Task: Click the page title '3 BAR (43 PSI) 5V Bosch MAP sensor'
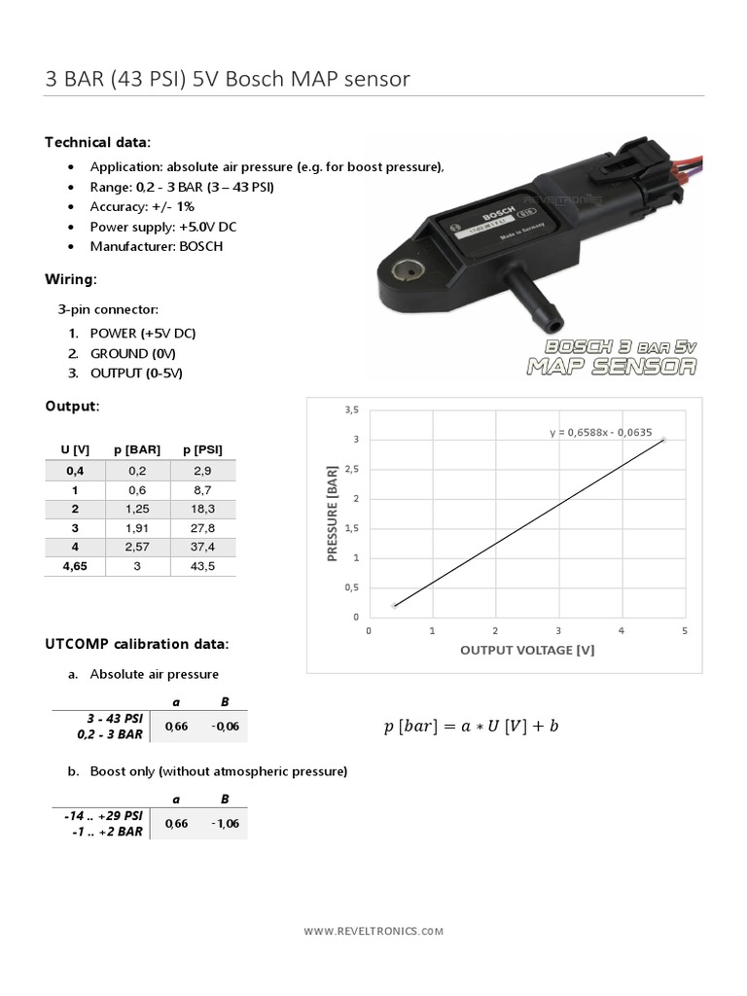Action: click(x=228, y=79)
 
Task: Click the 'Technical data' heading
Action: click(x=97, y=142)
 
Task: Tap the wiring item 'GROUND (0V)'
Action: click(x=132, y=353)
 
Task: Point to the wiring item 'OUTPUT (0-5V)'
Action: click(x=136, y=373)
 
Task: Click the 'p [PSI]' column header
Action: click(x=202, y=449)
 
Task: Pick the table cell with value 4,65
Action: click(x=74, y=565)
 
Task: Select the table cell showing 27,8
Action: click(x=202, y=526)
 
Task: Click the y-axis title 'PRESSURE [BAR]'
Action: click(x=333, y=514)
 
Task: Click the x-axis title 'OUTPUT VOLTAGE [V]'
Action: click(x=526, y=650)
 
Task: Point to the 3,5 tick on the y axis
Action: click(x=351, y=409)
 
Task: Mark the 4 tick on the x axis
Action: click(x=622, y=630)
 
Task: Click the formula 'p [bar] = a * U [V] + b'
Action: click(x=471, y=727)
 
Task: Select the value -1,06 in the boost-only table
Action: click(x=225, y=824)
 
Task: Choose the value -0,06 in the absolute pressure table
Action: click(x=225, y=726)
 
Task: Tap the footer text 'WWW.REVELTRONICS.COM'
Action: click(x=373, y=931)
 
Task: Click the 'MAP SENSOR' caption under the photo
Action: click(x=612, y=367)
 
